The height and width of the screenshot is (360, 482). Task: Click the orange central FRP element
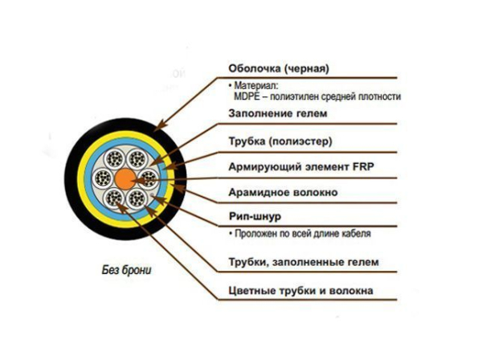[125, 178]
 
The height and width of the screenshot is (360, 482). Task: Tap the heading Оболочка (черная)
[279, 68]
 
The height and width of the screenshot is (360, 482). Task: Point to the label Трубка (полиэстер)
[280, 141]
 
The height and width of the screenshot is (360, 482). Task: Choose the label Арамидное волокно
[283, 192]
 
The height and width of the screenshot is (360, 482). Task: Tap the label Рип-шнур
[255, 216]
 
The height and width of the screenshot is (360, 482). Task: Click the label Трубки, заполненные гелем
[304, 262]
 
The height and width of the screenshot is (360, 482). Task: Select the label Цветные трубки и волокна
[300, 291]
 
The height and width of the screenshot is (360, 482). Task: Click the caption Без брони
[127, 270]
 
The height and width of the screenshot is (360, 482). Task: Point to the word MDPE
[247, 96]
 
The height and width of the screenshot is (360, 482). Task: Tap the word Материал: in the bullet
[255, 85]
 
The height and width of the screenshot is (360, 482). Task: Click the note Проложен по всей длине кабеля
[303, 234]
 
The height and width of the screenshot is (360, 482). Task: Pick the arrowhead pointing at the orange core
[139, 180]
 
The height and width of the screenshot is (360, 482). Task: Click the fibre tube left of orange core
[103, 178]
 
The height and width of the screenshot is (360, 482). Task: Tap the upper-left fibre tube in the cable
[114, 159]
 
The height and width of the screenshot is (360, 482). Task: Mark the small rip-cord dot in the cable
[151, 195]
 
